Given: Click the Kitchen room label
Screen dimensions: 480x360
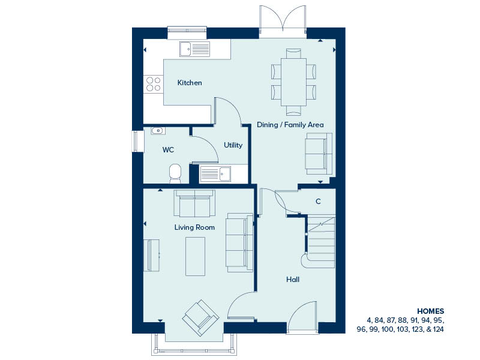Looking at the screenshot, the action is click(190, 83).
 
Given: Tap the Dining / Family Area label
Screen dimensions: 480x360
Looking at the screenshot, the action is click(290, 125).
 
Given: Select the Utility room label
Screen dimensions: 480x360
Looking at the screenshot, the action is click(233, 145).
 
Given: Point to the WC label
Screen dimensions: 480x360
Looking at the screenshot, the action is click(168, 149).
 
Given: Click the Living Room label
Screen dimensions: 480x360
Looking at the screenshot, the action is click(194, 227).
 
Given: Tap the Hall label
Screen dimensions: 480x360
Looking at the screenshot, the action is click(293, 279).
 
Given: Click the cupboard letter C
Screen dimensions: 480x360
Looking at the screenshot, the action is click(318, 201).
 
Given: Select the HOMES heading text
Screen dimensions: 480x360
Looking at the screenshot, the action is click(430, 311).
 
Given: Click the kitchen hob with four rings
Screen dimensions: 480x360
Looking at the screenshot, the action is click(154, 84).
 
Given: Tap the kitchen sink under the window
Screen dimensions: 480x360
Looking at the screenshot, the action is click(194, 49).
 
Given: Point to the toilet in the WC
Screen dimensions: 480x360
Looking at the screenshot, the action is click(175, 173).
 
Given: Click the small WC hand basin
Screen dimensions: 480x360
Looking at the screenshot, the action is click(158, 131).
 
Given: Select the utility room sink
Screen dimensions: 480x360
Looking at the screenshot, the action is click(215, 173).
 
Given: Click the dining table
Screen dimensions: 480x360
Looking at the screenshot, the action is click(293, 82).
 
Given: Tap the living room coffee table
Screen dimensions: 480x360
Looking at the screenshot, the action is click(196, 256).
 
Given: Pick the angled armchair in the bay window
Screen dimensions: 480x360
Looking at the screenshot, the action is click(201, 318).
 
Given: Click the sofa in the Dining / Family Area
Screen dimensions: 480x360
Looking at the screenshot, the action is click(319, 154).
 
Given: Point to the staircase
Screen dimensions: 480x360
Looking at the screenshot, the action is click(321, 242).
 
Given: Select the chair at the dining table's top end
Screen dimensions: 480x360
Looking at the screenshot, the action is click(293, 53).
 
